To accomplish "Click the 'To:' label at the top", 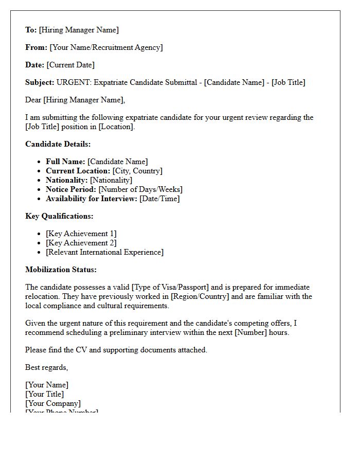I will (x=31, y=30).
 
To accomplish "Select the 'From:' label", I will (x=36, y=47).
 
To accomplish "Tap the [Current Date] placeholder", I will (x=70, y=65).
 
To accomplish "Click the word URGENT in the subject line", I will (x=74, y=82).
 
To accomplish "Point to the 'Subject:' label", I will (x=40, y=82).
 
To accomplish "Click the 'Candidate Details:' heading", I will (x=58, y=144).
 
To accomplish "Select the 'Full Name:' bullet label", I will (x=65, y=162).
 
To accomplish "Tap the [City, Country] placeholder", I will (x=137, y=171).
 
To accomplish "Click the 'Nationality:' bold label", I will (x=67, y=180).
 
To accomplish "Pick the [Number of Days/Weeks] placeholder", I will (x=140, y=189).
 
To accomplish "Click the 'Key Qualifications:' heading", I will (x=59, y=216).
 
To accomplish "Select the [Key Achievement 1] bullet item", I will (x=81, y=234).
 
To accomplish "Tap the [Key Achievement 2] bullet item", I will (x=81, y=243).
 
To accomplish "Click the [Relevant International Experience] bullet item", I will (x=104, y=252).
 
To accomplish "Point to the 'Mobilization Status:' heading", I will (x=61, y=270).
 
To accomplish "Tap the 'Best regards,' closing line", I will (x=46, y=367).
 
